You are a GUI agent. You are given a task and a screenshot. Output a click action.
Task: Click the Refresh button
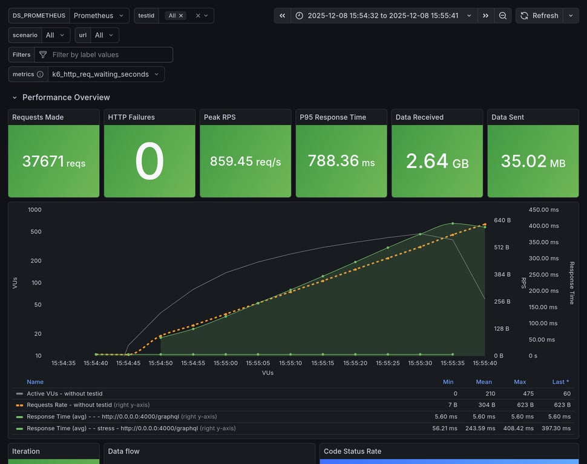(x=539, y=16)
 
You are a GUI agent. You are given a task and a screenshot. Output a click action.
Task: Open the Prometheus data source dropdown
(x=99, y=16)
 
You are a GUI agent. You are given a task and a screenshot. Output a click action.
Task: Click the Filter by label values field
(x=103, y=54)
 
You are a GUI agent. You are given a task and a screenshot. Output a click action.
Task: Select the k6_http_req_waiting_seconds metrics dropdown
(x=105, y=74)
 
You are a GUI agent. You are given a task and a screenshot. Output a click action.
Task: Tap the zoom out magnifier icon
(x=502, y=16)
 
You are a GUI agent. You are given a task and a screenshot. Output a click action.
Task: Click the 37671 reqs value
(x=54, y=161)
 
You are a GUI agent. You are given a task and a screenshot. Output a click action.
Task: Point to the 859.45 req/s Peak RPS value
(x=245, y=161)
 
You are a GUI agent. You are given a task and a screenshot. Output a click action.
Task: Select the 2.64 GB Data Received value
(x=437, y=161)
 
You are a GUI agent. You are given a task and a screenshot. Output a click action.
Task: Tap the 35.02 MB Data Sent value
(x=533, y=161)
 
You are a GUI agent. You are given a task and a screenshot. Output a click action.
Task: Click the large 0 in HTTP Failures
(x=149, y=161)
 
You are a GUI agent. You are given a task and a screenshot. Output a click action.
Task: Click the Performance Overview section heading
(x=66, y=97)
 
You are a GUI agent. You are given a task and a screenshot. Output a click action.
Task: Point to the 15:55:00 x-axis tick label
(x=225, y=363)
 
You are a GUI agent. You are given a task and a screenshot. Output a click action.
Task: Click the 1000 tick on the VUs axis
(x=34, y=210)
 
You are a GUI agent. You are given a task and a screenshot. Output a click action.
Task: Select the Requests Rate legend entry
(x=69, y=405)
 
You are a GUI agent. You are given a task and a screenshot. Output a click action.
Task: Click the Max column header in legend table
(x=519, y=382)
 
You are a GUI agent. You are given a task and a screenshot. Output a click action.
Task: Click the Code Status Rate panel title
(x=352, y=451)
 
